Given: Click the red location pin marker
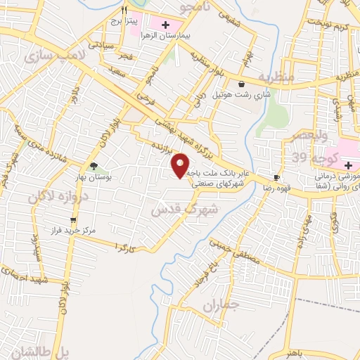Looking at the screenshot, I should click(181, 165).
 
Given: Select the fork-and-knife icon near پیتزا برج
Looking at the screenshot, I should click(124, 10).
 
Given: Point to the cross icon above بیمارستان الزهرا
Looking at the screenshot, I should click(165, 25).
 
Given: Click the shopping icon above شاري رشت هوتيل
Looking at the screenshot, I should click(241, 84).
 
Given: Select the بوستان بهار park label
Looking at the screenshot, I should click(94, 179).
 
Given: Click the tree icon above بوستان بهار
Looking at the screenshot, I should click(94, 167).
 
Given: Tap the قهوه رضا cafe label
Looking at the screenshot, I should click(276, 188).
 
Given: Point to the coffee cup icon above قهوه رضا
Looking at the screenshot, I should click(276, 177).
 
